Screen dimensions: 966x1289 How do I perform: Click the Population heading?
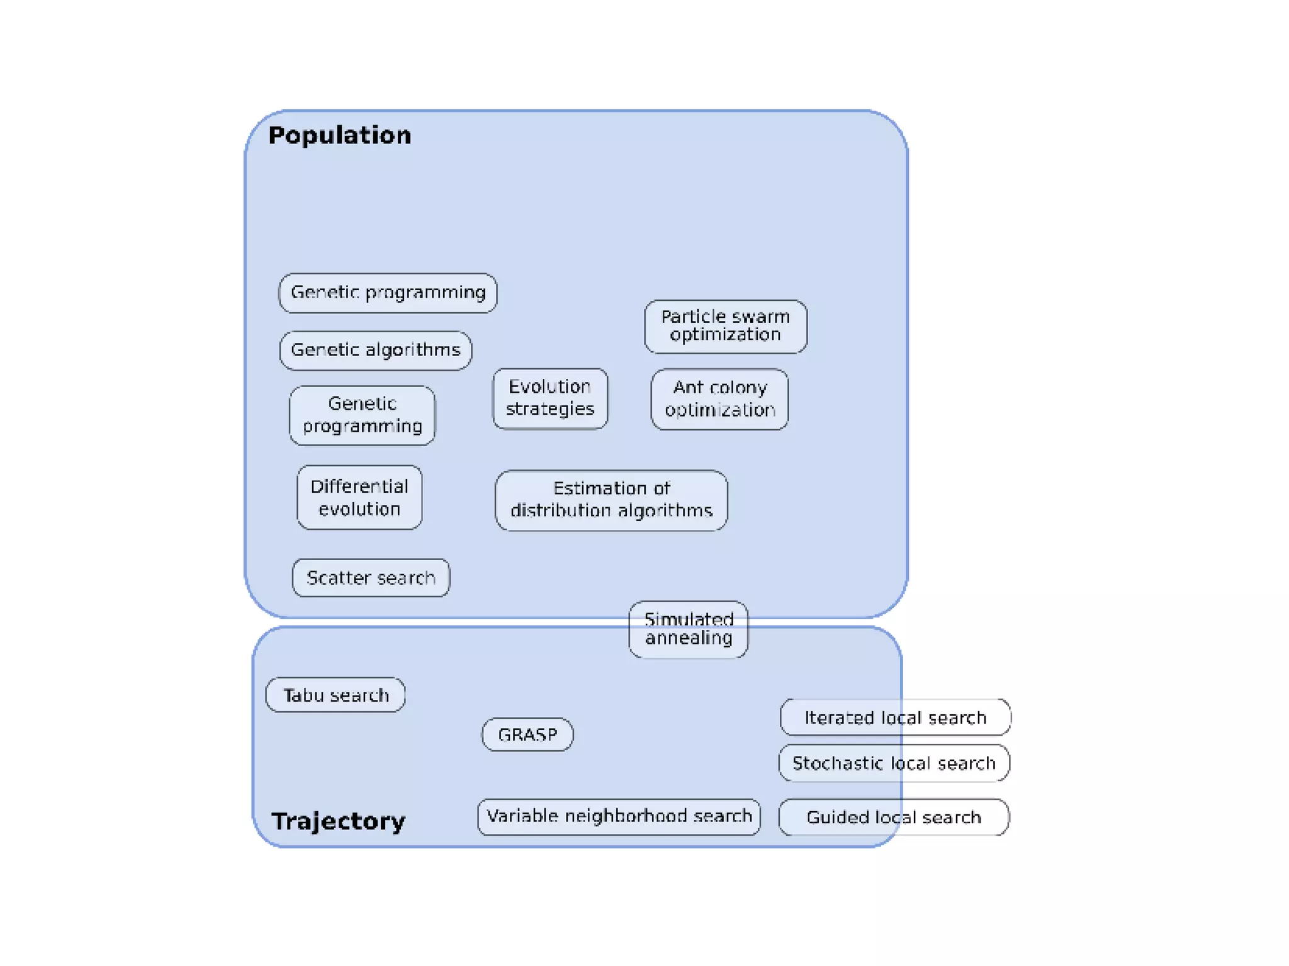339,135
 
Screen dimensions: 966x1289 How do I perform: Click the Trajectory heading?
338,821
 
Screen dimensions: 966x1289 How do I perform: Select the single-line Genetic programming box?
388,293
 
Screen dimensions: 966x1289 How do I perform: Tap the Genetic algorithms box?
375,350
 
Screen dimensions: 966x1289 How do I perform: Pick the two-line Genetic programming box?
362,415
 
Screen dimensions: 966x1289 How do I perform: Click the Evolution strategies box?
549,398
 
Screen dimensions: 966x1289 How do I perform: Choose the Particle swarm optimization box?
725,326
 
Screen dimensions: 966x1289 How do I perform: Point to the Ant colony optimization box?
719,398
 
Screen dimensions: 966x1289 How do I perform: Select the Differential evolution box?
359,497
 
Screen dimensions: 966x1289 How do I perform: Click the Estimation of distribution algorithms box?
611,500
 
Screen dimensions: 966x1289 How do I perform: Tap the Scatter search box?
371,577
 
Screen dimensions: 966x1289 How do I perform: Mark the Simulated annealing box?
689,629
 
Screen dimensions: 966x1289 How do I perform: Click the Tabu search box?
335,695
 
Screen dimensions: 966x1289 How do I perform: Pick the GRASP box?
527,734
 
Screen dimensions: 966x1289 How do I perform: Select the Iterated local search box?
895,717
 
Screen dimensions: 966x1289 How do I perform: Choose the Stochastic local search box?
894,763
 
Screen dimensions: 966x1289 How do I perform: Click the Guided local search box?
894,817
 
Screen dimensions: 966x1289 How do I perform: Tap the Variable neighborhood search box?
619,816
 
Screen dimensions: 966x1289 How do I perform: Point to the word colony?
738,388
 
